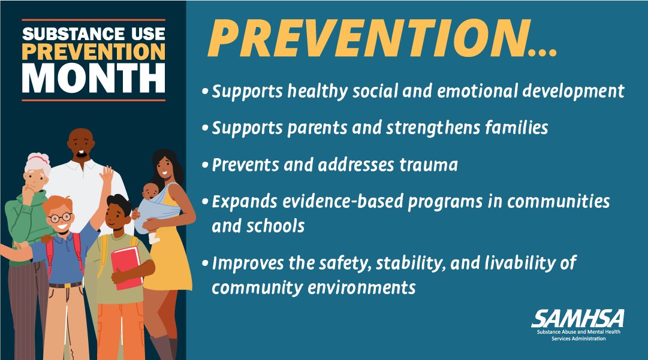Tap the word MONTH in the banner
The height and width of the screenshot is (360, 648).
tap(94, 78)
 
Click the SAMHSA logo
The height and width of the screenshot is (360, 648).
tap(577, 318)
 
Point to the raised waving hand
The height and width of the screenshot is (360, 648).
tap(106, 175)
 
